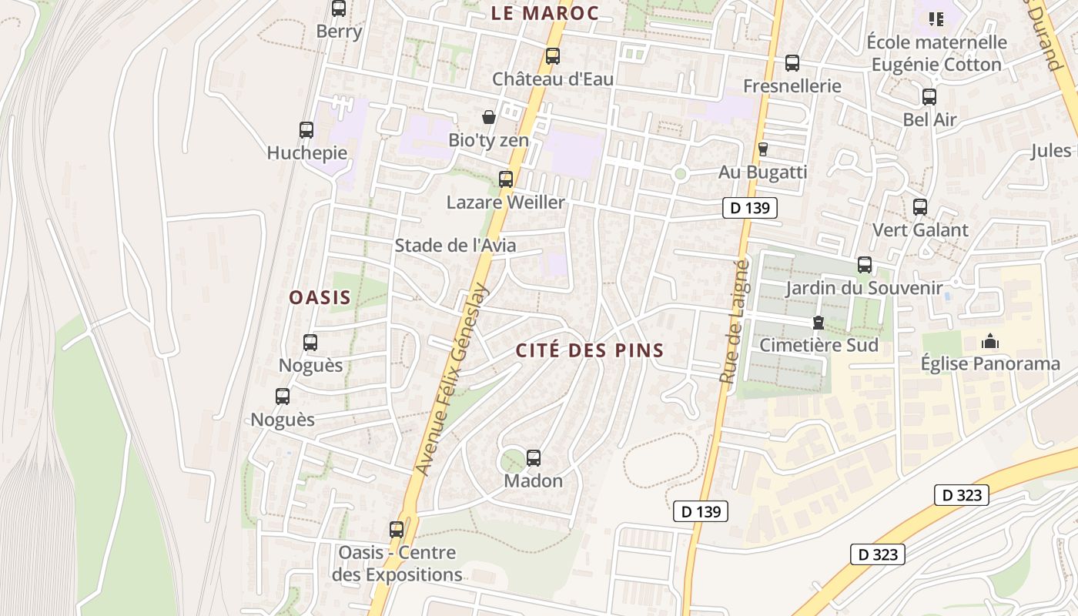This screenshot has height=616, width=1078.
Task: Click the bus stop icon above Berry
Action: (339, 9)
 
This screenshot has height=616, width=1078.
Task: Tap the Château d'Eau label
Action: (552, 79)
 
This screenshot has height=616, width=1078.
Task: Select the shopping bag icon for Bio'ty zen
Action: (488, 117)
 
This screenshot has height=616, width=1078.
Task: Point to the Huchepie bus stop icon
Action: (306, 130)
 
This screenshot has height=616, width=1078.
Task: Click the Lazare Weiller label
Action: (505, 203)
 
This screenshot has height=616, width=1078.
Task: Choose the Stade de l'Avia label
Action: (455, 246)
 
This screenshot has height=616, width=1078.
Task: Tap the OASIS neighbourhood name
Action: (320, 297)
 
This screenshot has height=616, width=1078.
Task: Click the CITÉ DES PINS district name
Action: (590, 350)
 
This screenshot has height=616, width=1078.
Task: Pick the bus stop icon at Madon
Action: (534, 458)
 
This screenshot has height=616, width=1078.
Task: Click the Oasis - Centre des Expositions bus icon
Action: (397, 530)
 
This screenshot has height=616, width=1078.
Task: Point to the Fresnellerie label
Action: (792, 85)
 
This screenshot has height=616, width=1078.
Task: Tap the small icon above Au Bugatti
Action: (763, 149)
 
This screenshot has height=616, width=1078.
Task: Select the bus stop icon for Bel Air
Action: (929, 97)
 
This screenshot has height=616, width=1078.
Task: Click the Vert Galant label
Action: (920, 229)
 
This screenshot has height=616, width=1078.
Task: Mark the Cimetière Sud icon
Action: (818, 323)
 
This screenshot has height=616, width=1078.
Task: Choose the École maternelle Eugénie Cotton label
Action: (936, 53)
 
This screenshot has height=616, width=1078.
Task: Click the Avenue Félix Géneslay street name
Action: (453, 379)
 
